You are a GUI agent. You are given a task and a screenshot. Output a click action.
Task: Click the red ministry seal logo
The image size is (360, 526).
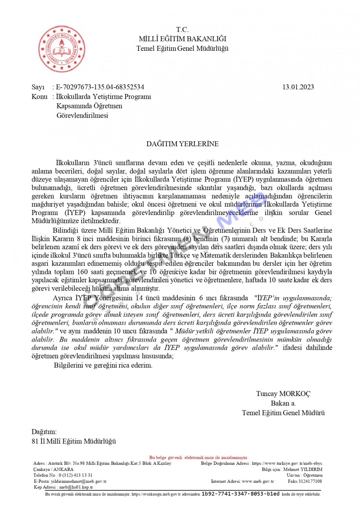(x=62, y=49)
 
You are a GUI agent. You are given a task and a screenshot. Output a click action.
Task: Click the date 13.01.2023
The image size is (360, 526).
(x=298, y=87)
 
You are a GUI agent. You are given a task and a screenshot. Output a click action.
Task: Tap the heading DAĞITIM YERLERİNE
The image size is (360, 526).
(x=183, y=144)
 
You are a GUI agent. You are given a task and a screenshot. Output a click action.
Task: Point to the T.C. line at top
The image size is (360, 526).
(x=182, y=30)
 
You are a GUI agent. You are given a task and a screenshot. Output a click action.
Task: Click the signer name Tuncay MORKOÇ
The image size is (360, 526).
(x=283, y=394)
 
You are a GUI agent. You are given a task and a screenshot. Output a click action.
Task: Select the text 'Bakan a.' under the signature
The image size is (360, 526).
(x=283, y=403)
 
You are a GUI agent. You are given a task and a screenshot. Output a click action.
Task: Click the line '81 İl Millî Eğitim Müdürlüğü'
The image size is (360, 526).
(x=74, y=441)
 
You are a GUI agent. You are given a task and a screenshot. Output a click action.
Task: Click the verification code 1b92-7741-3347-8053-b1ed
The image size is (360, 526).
(x=240, y=494)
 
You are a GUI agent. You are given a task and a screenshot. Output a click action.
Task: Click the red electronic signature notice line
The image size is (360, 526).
(x=199, y=458)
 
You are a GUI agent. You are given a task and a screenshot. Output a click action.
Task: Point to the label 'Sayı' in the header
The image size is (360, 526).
(x=38, y=87)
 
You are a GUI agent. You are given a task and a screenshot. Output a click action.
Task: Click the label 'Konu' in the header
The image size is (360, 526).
(x=39, y=96)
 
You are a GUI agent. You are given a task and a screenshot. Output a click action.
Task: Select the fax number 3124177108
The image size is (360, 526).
(x=310, y=481)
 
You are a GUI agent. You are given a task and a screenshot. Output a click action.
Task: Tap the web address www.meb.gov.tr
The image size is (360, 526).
(x=258, y=481)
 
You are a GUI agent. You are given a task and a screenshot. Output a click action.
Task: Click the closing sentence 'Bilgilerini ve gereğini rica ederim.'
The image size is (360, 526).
(x=103, y=365)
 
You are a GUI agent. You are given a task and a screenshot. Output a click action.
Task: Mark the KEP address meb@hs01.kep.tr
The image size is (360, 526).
(x=76, y=487)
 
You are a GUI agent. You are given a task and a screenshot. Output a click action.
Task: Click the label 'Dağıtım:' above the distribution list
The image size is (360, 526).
(x=44, y=432)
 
